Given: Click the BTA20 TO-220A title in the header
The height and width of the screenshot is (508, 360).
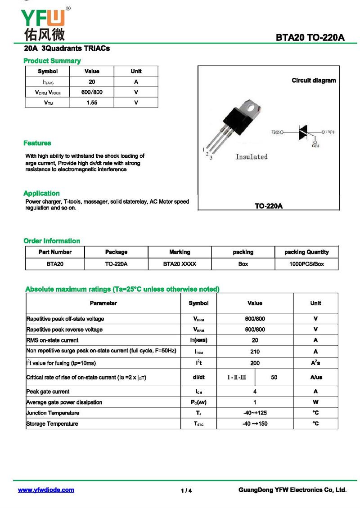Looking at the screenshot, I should coord(310,38).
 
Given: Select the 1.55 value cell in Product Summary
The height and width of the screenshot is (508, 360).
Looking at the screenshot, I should coord(92,102).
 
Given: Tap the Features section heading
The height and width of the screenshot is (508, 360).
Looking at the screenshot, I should coord(37,143).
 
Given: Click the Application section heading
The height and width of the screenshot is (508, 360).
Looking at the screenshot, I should coord(41,193).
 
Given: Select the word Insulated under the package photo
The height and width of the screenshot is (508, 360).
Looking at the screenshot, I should coord(252,156).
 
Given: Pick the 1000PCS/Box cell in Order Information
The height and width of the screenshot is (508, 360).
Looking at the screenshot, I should coord(306,264).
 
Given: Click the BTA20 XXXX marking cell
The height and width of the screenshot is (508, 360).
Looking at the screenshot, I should coord(180,264).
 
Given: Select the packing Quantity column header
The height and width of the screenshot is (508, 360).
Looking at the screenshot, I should coord(306,252).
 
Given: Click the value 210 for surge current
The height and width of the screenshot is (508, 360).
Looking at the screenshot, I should coord(255,352).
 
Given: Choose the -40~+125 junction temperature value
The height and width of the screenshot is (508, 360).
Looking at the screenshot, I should coord(255,413).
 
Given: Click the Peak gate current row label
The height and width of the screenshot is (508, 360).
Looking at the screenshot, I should coord(48,392).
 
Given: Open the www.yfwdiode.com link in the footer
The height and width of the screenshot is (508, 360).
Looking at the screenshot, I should coord(46,490).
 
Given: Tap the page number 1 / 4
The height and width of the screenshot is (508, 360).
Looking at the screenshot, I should coord(186,490).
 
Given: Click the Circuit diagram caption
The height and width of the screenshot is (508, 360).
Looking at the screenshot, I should coord(314,80).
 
